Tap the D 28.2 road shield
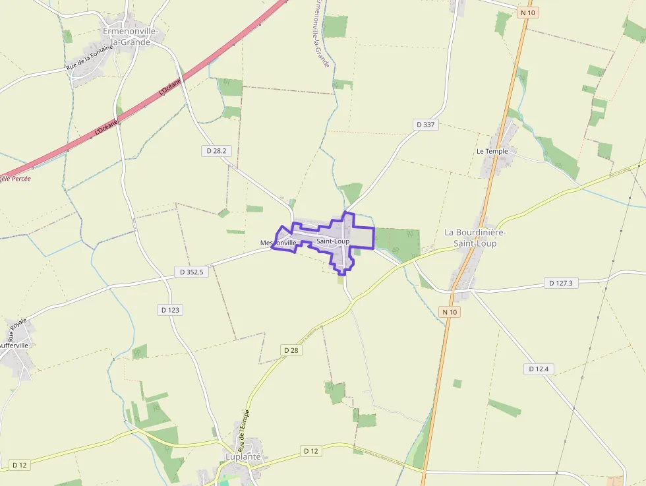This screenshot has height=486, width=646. point(216,151)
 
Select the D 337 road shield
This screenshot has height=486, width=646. point(426,124)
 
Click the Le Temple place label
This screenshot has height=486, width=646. point(492,151)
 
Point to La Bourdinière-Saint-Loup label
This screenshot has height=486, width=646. point(475,237)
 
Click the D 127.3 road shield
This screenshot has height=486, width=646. point(562,283)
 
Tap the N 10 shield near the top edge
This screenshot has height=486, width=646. point(527,13)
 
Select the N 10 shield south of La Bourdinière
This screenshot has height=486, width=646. point(450,312)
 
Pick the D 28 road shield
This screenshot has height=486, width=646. point(292,350)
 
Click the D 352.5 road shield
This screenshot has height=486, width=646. point(192,272)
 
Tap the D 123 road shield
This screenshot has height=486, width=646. point(170,309)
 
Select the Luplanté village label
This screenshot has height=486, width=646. point(243,456)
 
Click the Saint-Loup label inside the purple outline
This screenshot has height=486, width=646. point(333,241)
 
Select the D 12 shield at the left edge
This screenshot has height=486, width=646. point(20,465)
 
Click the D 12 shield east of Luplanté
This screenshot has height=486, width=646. point(311,451)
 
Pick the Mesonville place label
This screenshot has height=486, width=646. point(278,243)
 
